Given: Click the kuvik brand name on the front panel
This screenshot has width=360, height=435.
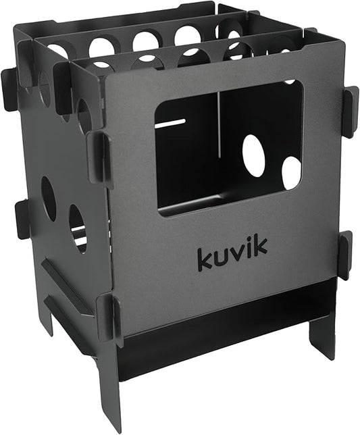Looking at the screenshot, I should tap(232, 255).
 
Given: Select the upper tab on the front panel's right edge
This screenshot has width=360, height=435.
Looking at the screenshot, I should tap(350, 112).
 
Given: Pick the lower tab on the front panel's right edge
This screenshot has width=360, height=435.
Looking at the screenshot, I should tap(344, 255).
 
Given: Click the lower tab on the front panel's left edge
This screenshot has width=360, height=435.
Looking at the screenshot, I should tap(107, 315).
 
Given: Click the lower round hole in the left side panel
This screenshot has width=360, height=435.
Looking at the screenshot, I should tap(78, 229).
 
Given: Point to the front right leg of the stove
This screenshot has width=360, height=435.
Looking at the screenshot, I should tap(322, 334).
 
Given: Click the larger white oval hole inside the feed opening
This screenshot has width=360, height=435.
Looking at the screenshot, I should tap(254, 155).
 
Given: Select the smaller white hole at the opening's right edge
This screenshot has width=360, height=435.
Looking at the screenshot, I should tap(291, 173).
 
